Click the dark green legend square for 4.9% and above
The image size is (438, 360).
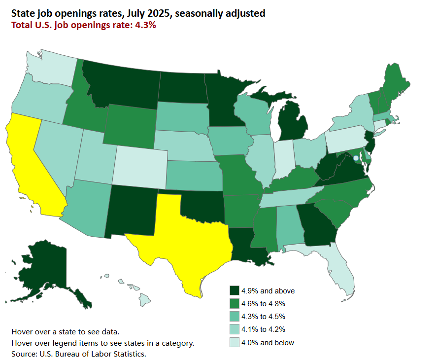pyautogui.click(x=235, y=290)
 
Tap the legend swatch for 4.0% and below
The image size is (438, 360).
pyautogui.click(x=235, y=342)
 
